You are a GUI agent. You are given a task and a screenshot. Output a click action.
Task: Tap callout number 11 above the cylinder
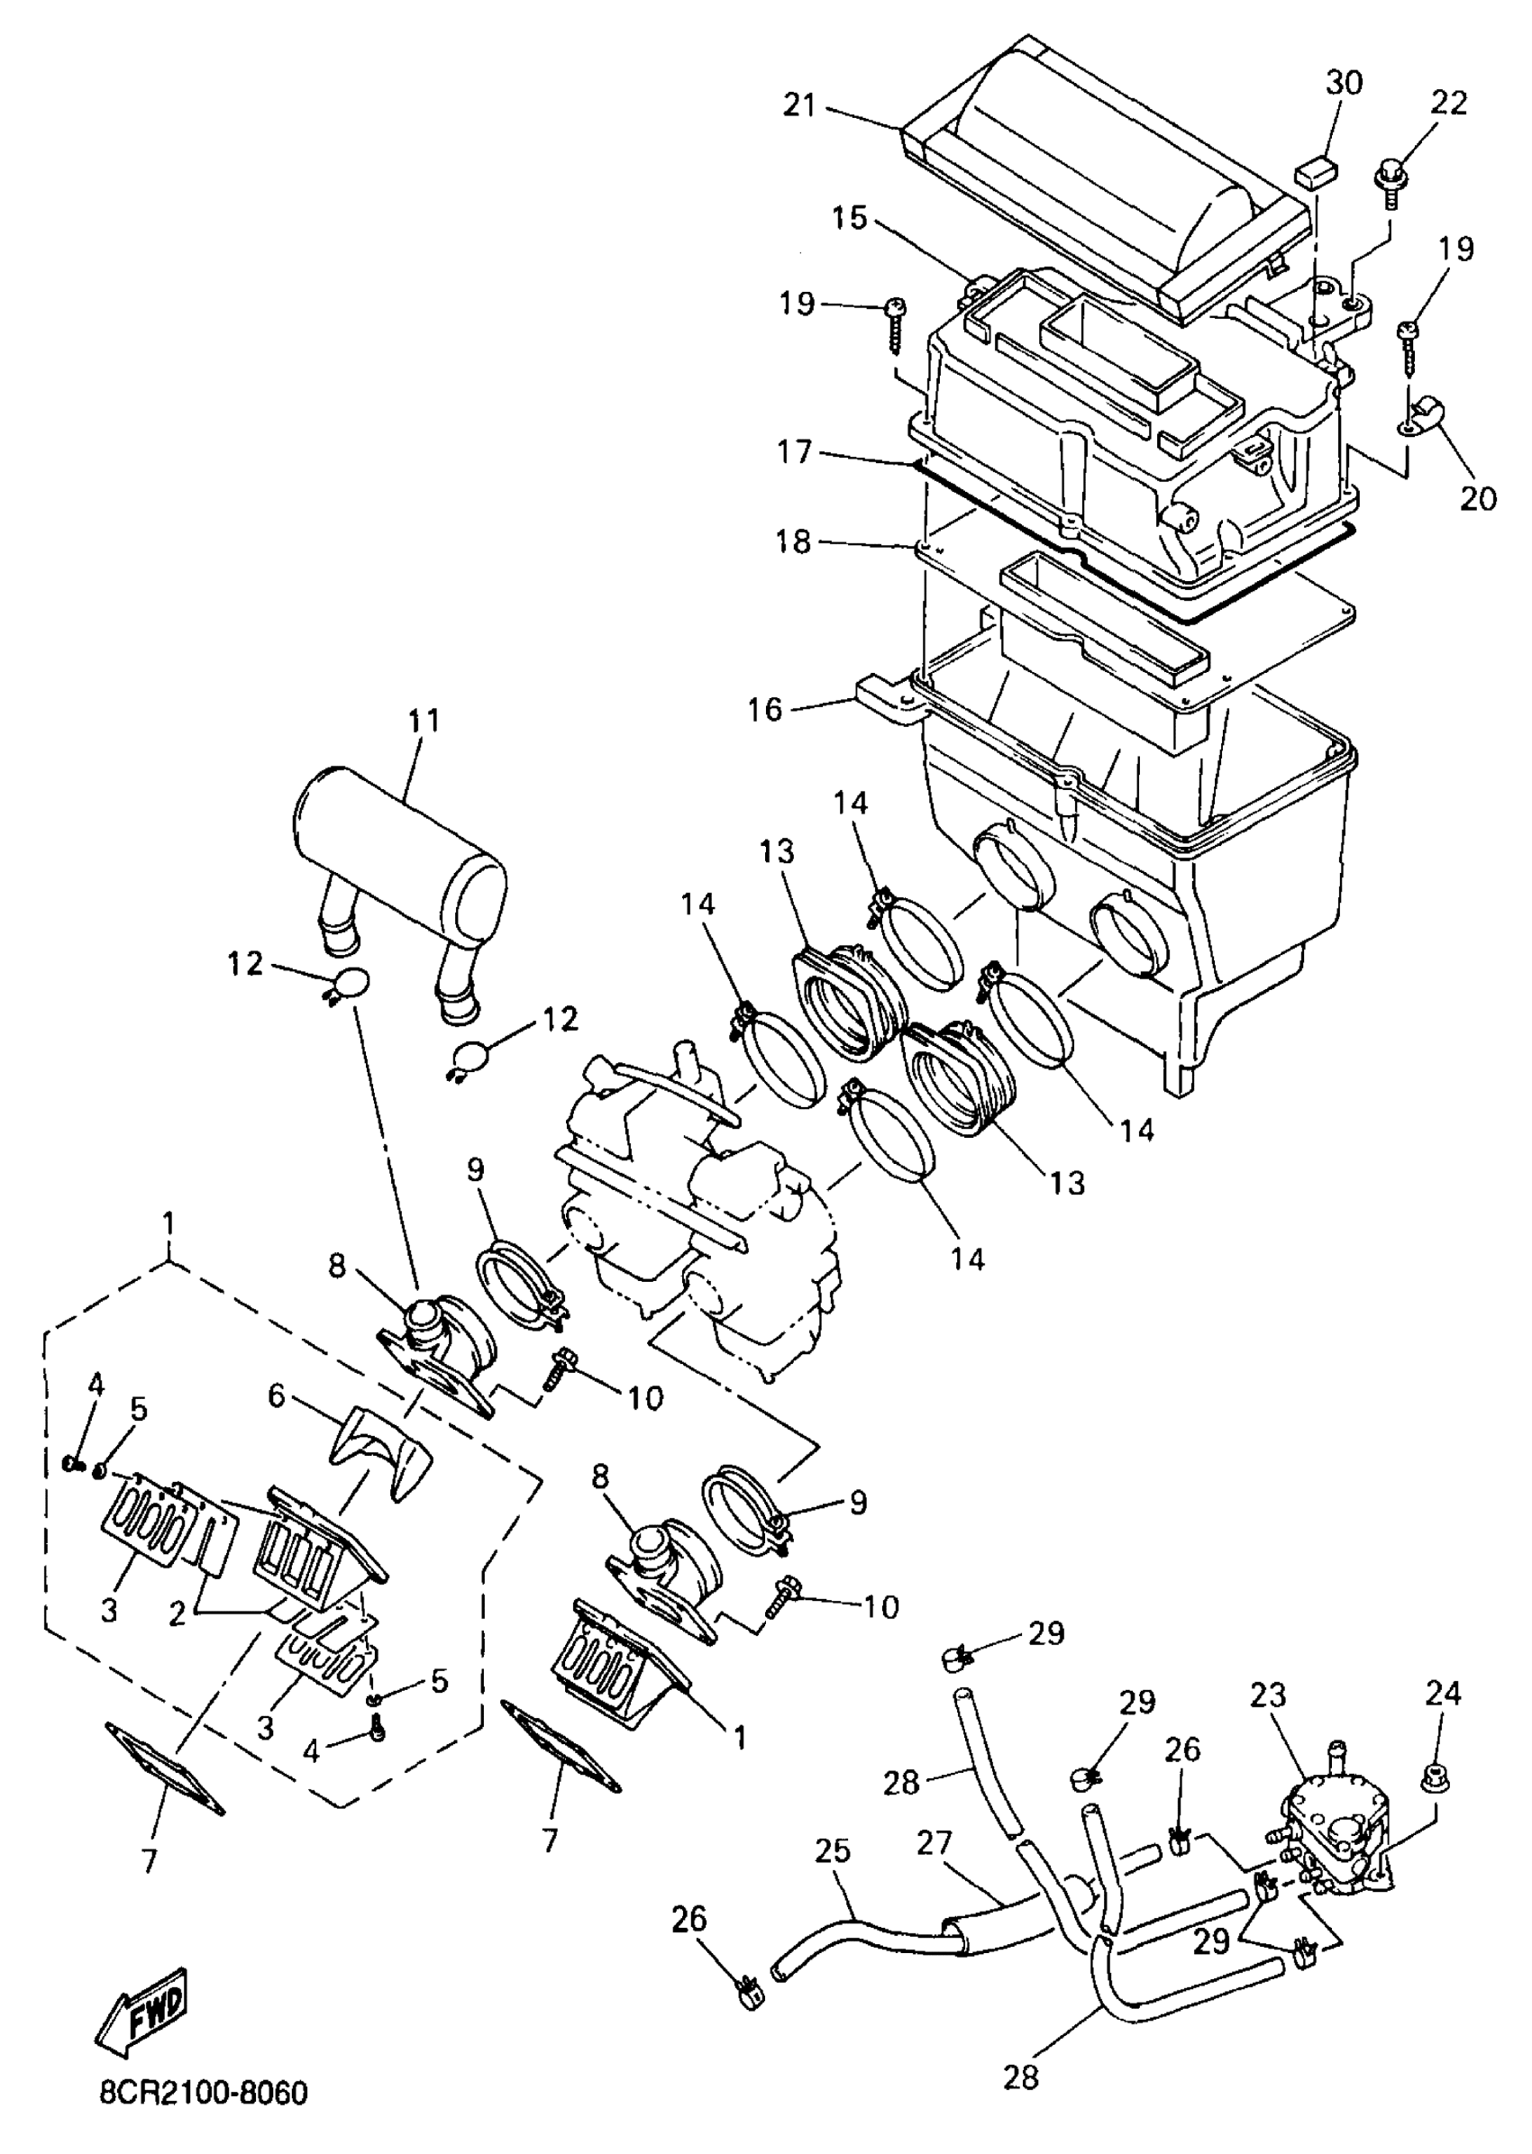(424, 722)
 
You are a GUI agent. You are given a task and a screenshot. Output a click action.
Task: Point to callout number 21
(800, 105)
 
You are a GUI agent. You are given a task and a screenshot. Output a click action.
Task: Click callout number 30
(1345, 84)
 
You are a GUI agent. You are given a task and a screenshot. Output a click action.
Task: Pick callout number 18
(794, 542)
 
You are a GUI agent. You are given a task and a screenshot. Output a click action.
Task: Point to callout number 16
(766, 708)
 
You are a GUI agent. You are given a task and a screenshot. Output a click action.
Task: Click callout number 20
(1478, 498)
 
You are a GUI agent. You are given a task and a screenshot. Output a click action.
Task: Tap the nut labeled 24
(1436, 1781)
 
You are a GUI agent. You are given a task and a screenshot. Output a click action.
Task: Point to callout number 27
(935, 1843)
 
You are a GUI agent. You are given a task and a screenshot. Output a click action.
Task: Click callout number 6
(276, 1395)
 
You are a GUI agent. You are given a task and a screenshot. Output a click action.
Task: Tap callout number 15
(849, 218)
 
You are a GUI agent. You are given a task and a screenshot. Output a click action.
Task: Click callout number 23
(1269, 1695)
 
